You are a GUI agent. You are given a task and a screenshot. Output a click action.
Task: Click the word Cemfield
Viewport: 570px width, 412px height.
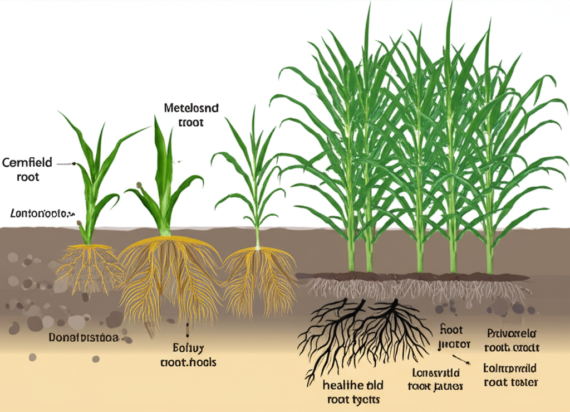tap(27, 163)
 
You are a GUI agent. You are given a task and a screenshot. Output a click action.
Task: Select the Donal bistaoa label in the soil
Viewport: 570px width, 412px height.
tap(83, 338)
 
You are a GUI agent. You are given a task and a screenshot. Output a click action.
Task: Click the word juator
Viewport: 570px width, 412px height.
tap(454, 344)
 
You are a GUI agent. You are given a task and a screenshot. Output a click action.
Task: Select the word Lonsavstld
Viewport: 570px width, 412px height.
tap(435, 372)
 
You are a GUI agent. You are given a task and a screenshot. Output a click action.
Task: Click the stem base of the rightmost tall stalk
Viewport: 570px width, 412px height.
tap(489, 262)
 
